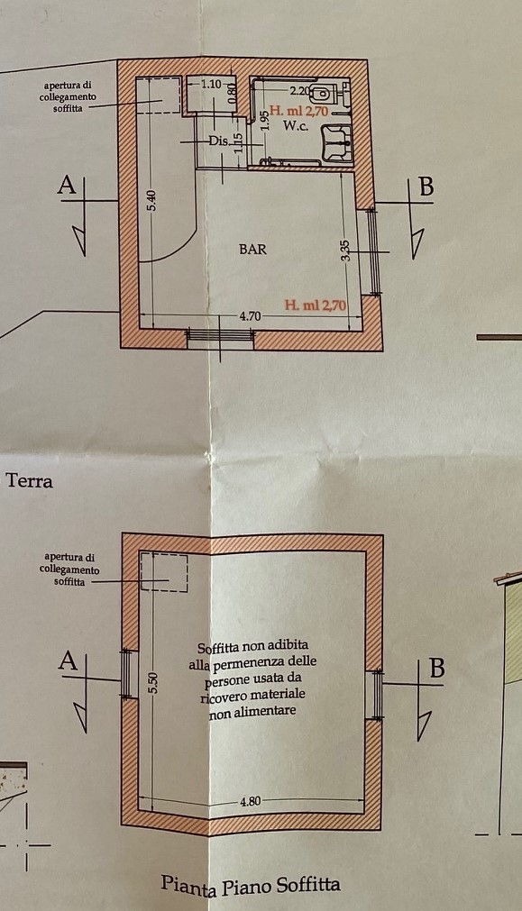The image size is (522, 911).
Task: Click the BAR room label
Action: (252, 250)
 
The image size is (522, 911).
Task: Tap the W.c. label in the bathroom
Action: (296, 125)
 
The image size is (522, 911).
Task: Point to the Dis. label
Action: (218, 141)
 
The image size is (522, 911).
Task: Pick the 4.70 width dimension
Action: (250, 316)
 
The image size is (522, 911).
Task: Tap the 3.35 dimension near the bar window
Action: (346, 251)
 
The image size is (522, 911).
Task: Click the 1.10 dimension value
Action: (211, 84)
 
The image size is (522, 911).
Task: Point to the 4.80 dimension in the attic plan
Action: (250, 801)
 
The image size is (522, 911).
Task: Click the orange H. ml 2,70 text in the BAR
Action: (316, 305)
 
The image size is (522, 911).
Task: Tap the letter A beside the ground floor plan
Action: (68, 185)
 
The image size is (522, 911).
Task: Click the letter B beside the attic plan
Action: (436, 669)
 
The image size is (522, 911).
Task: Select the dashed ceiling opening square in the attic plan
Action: (164, 573)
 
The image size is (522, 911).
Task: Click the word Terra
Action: (29, 481)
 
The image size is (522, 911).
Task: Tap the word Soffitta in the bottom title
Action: (308, 886)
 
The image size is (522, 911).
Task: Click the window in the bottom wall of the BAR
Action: (220, 335)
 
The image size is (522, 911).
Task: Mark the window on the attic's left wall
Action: (127, 674)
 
